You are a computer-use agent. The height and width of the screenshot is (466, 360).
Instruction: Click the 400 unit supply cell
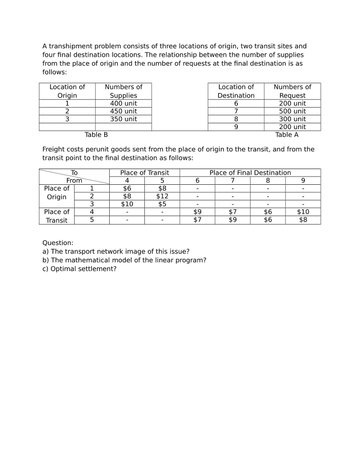(123, 103)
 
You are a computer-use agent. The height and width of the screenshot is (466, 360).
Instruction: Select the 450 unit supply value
(123, 111)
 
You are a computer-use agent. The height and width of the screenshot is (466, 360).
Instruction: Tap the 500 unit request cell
(292, 111)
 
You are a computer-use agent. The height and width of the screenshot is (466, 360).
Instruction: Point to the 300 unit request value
(292, 119)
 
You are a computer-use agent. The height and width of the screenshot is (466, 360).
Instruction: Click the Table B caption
(96, 135)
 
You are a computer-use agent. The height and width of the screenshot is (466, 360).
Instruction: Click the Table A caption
(287, 135)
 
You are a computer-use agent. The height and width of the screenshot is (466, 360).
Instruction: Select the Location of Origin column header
(67, 91)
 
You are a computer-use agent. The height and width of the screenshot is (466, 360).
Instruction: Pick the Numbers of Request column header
(292, 91)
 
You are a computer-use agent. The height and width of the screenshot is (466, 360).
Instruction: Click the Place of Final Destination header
(250, 172)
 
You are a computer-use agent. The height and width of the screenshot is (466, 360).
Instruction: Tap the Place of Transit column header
(144, 172)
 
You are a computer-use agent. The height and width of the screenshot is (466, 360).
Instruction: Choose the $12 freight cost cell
(162, 196)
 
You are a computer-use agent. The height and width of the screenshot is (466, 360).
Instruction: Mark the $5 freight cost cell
(162, 204)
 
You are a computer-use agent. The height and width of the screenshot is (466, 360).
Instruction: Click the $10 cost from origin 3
(127, 204)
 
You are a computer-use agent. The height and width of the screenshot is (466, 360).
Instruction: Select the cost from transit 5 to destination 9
(303, 220)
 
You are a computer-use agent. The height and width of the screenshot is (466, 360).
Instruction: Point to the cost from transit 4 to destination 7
(233, 212)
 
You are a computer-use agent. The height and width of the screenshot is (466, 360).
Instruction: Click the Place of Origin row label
(56, 192)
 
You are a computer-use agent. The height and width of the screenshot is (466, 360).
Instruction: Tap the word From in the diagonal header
(74, 180)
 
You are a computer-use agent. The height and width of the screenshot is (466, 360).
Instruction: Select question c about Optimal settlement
(79, 268)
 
